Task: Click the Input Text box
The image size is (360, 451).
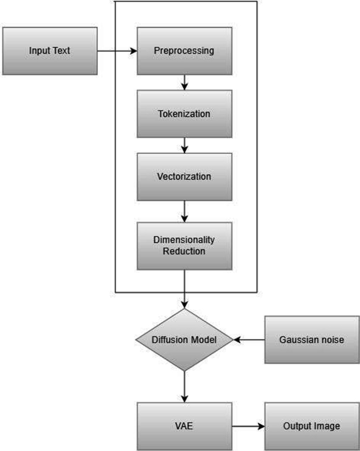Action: pos(49,51)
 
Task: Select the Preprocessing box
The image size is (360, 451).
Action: pos(184,51)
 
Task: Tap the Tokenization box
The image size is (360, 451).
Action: pos(184,114)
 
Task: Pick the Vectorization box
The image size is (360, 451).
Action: pos(184,176)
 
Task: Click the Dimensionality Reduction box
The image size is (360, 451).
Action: pos(184,245)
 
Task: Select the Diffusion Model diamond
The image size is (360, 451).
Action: pos(184,340)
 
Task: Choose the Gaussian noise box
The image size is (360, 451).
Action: pos(312,340)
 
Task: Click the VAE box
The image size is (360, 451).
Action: pos(184,426)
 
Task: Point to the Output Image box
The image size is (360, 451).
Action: pos(312,426)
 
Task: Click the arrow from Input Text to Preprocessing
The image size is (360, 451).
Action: pos(117,51)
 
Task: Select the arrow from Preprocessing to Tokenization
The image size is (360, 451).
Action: pos(184,82)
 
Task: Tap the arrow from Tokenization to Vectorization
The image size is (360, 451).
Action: pos(184,145)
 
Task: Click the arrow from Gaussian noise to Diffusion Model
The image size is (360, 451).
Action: pos(249,340)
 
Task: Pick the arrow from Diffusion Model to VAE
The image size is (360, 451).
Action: pos(184,387)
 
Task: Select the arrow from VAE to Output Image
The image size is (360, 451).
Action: pos(248,426)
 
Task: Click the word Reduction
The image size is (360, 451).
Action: pos(184,251)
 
